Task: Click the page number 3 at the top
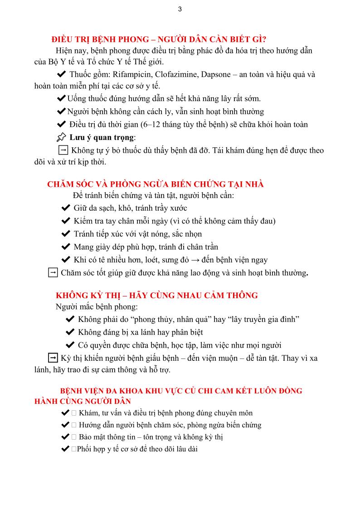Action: click(x=180, y=9)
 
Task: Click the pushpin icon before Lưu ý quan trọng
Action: click(x=61, y=137)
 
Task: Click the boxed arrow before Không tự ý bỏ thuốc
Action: click(x=63, y=150)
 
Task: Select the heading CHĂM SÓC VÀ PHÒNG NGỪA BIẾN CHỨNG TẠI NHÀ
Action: click(x=155, y=184)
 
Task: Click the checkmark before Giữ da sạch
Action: click(x=65, y=208)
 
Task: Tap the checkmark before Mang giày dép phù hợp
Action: click(x=65, y=247)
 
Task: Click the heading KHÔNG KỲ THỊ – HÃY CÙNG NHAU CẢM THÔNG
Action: click(x=156, y=296)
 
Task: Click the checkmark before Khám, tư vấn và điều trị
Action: click(x=64, y=413)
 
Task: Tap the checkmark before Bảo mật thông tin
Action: click(x=64, y=437)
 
